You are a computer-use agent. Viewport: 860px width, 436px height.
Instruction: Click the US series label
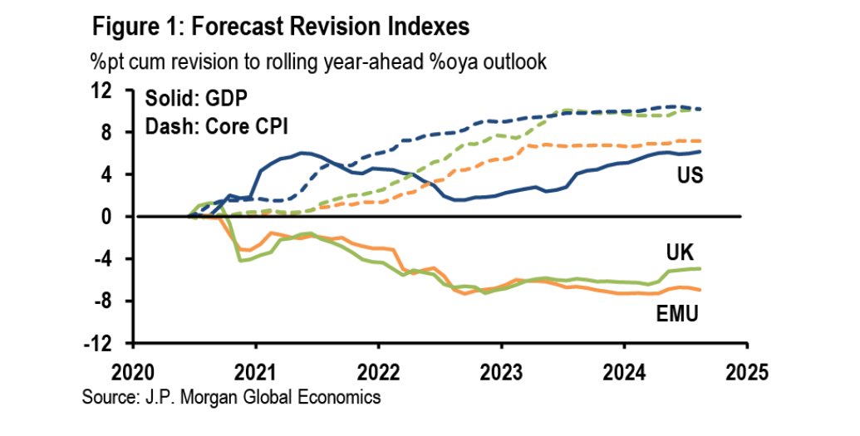[x=686, y=175]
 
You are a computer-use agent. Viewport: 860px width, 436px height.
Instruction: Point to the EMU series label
[x=676, y=314]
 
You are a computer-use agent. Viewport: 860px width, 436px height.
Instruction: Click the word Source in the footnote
[x=107, y=398]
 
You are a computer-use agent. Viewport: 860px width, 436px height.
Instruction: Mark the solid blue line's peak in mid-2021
[x=304, y=153]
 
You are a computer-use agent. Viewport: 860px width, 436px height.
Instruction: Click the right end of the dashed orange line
[x=701, y=141]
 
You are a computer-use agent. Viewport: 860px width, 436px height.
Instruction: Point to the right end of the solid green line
[x=701, y=268]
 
